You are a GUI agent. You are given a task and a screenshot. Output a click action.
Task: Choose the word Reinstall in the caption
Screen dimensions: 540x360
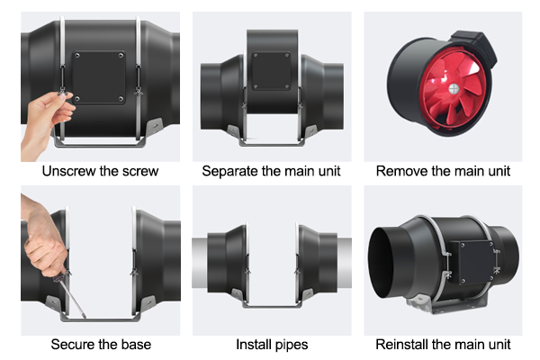(x=401, y=344)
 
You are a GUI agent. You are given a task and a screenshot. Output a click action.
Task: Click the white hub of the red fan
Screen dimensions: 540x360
(x=454, y=89)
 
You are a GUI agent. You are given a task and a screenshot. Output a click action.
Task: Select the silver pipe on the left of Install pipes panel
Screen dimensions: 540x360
(x=200, y=263)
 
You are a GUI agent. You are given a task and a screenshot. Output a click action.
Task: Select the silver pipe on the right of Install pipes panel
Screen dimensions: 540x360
(x=344, y=263)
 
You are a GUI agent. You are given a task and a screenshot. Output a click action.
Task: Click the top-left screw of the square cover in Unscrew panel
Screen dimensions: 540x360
(x=77, y=56)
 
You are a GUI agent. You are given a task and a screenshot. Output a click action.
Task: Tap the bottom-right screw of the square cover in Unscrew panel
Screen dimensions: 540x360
(x=121, y=99)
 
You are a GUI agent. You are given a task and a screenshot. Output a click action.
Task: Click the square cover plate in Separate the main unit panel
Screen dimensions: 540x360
(x=272, y=71)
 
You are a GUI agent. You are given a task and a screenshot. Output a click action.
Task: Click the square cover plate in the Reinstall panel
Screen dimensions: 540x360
(x=472, y=263)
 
